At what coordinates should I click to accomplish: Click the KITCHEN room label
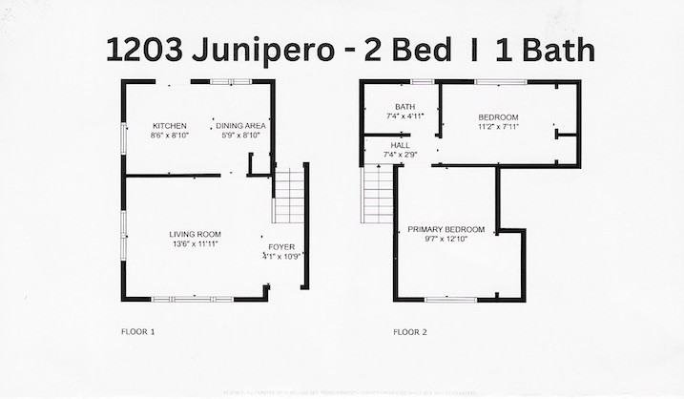(x=170, y=126)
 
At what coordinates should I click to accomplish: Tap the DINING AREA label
(x=240, y=126)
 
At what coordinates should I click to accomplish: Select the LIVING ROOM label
(x=196, y=234)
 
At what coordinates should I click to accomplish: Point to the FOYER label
(x=282, y=246)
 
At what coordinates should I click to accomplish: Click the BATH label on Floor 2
(x=404, y=106)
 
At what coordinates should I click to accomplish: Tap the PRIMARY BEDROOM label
(x=446, y=229)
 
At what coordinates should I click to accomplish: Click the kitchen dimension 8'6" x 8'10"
(x=170, y=136)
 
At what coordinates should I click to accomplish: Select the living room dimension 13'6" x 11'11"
(x=196, y=244)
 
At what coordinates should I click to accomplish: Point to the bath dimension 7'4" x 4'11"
(x=404, y=115)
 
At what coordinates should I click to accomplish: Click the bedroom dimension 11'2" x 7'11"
(x=498, y=126)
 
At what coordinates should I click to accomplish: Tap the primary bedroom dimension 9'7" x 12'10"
(x=446, y=240)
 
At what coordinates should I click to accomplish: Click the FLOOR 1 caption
(x=137, y=332)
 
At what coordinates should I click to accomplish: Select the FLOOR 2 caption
(x=410, y=332)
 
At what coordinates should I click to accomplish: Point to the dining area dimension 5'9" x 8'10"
(x=240, y=136)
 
